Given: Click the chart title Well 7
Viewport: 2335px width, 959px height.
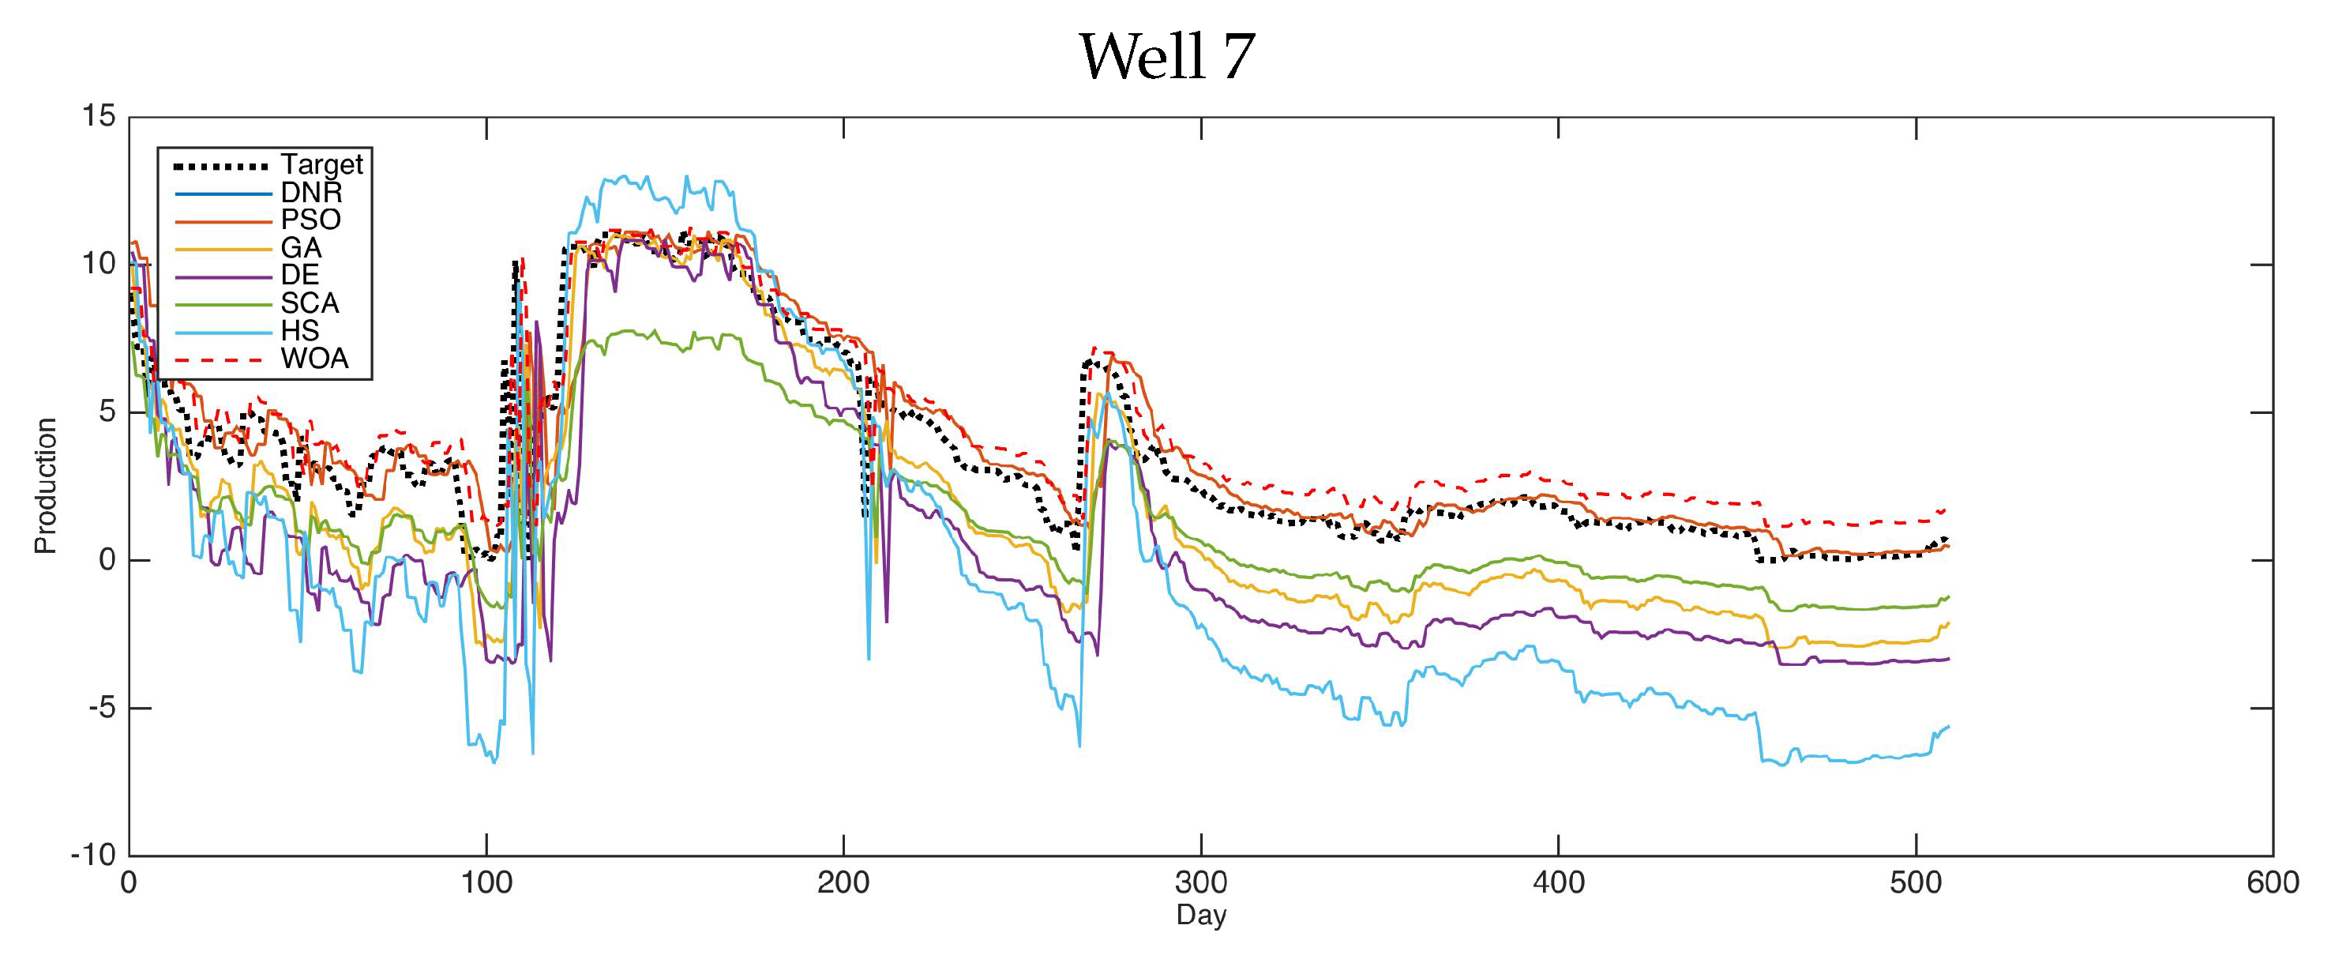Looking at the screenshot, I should click(1166, 56).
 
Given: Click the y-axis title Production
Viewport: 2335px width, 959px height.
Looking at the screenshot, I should click(45, 485).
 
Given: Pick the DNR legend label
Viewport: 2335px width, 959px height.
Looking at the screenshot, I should click(311, 192).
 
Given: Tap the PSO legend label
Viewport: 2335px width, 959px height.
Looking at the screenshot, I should click(310, 220).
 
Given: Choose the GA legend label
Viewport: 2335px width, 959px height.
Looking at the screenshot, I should click(300, 247).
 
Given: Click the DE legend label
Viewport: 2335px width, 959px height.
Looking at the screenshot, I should click(299, 275).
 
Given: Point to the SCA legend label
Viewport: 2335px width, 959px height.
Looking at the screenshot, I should click(309, 303).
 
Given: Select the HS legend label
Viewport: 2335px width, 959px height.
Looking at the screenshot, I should click(299, 330).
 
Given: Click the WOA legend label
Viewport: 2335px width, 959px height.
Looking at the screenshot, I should click(313, 358).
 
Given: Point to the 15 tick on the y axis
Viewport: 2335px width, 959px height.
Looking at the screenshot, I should click(99, 116).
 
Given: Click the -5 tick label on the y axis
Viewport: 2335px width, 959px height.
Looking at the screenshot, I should click(103, 708).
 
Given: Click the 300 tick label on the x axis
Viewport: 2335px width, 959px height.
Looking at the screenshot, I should click(1200, 882).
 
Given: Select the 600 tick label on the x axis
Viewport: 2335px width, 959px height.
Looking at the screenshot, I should click(2273, 882).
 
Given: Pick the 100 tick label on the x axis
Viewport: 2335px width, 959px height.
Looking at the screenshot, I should click(486, 882).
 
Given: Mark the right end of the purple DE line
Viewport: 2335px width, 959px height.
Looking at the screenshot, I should click(1948, 659).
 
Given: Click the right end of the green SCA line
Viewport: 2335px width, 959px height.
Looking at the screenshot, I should click(1948, 596).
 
